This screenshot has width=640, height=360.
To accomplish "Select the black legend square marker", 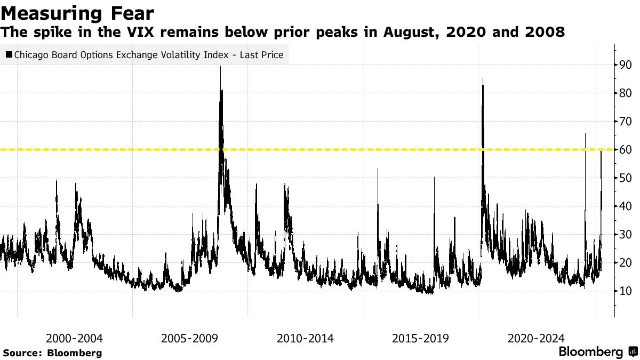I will point(9,54).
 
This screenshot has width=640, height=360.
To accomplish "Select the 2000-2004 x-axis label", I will point(74,338).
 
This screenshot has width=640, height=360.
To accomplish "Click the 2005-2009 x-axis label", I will point(189,338).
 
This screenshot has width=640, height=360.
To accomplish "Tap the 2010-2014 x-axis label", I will point(305,338).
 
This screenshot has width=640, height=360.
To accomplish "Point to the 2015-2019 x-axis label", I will point(420,338).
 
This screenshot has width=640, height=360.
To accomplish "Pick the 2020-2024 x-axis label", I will point(536,338).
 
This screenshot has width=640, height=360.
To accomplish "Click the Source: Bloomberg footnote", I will point(52,353).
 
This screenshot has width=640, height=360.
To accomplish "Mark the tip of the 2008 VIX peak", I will point(220,66).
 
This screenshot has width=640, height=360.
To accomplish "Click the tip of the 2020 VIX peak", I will point(483,78).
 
